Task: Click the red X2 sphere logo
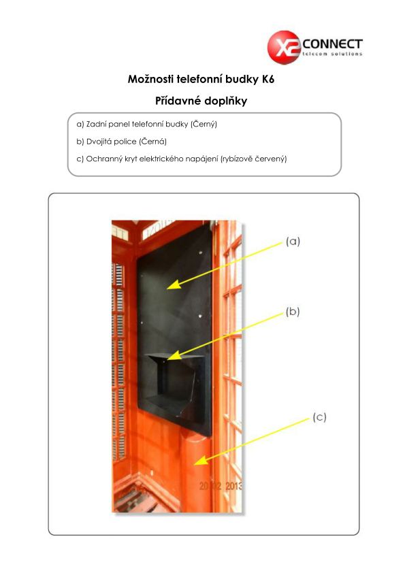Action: pyautogui.click(x=284, y=48)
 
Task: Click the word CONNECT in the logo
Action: pyautogui.click(x=332, y=44)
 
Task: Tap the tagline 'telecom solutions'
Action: pyautogui.click(x=332, y=54)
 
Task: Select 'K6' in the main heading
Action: pyautogui.click(x=268, y=79)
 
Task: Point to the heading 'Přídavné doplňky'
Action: pyautogui.click(x=201, y=101)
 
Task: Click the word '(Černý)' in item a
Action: pyautogui.click(x=204, y=125)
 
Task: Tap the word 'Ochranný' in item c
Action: pyautogui.click(x=101, y=159)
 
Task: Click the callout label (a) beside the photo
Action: pyautogui.click(x=293, y=241)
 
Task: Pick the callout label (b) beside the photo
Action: pyautogui.click(x=293, y=312)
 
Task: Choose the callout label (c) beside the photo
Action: pyautogui.click(x=319, y=417)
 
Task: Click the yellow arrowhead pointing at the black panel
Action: pyautogui.click(x=174, y=284)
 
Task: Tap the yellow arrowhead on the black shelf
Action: pyautogui.click(x=174, y=355)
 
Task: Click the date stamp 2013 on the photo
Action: pyautogui.click(x=233, y=486)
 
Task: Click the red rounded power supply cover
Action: pyautogui.click(x=195, y=472)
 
